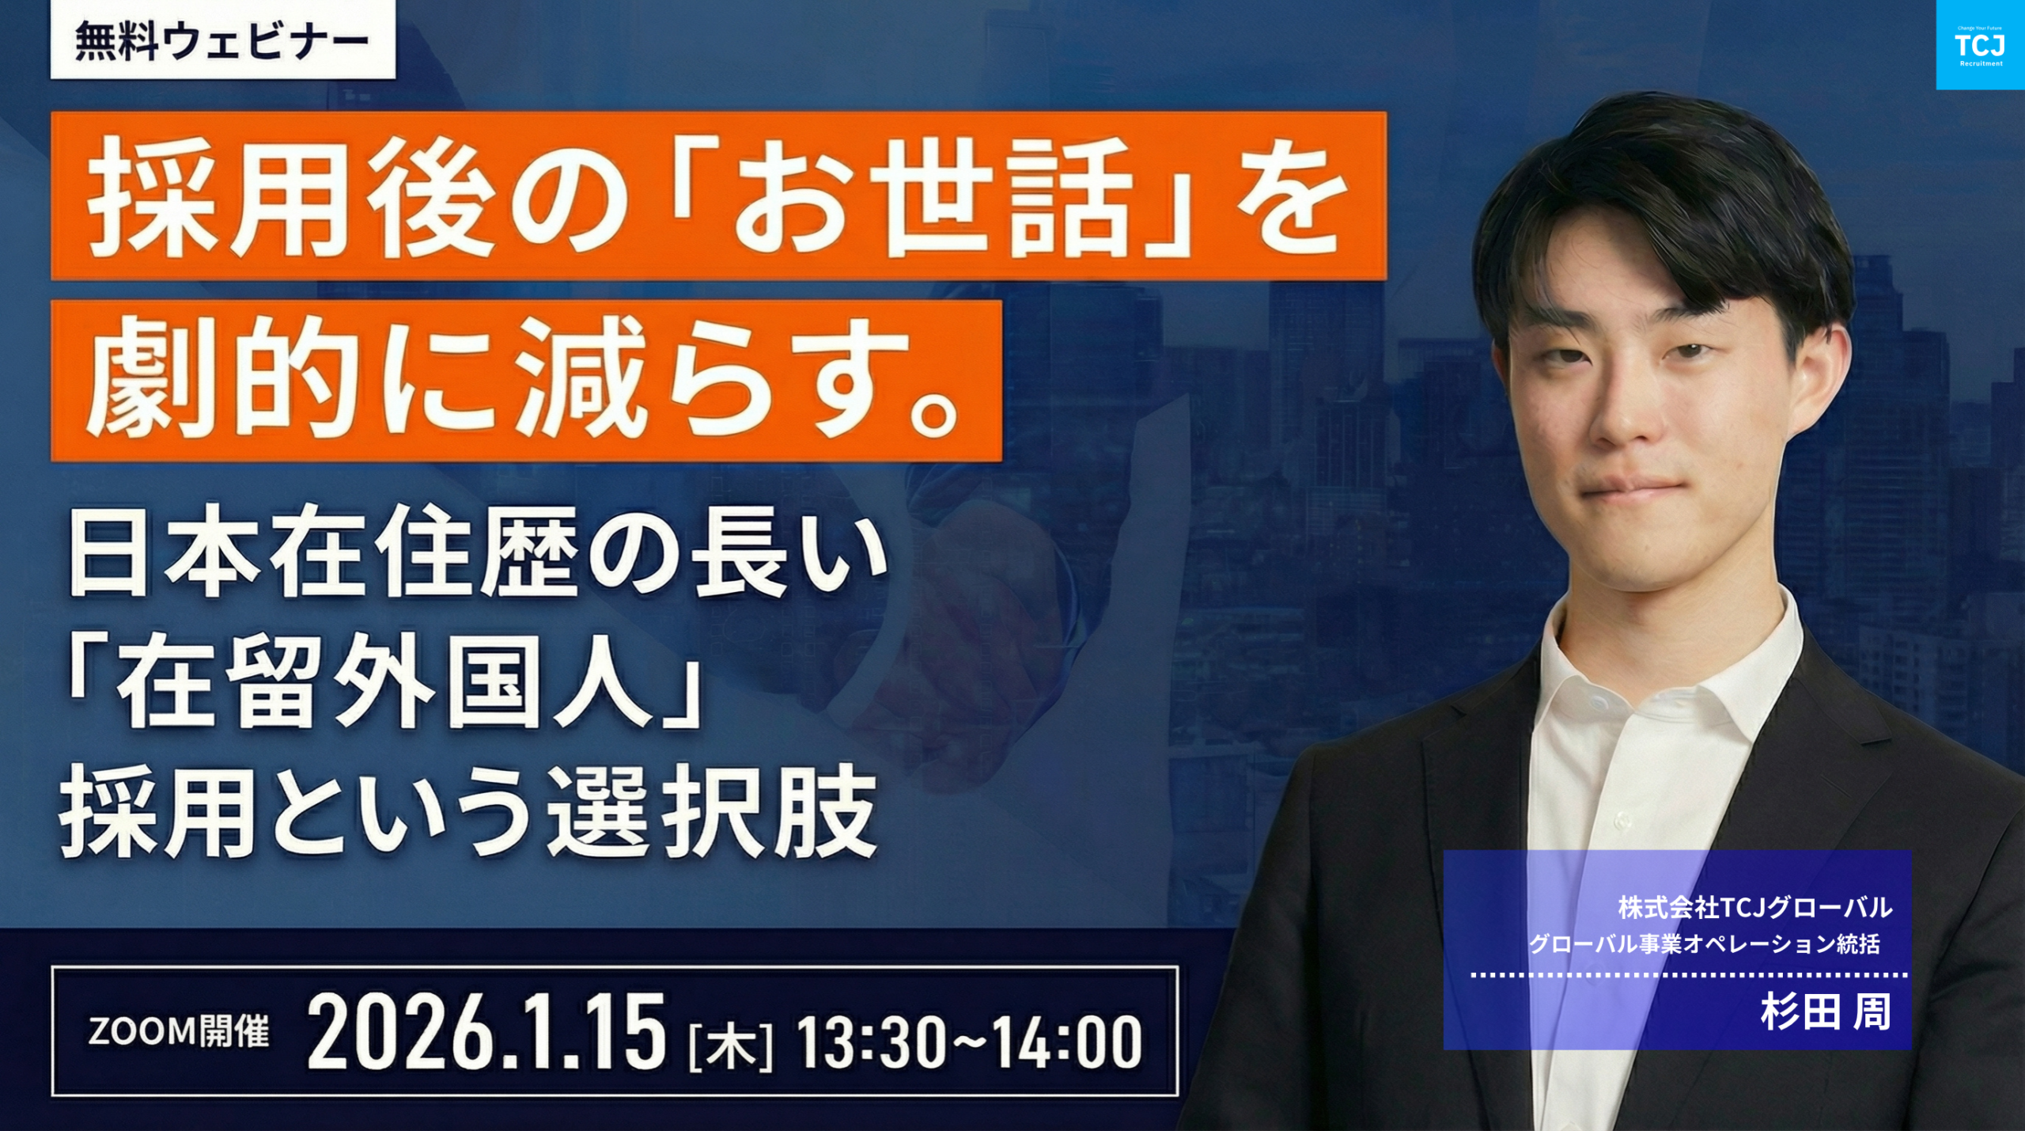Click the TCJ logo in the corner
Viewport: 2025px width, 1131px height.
[1980, 45]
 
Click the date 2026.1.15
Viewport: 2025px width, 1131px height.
[486, 1032]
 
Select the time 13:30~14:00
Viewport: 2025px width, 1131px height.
[969, 1042]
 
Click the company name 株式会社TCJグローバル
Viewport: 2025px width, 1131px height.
[1755, 908]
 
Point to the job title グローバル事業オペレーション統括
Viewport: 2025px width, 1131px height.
[1704, 944]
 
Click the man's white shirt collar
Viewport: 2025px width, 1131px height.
[1669, 657]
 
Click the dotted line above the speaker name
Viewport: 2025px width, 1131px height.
[1689, 975]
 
